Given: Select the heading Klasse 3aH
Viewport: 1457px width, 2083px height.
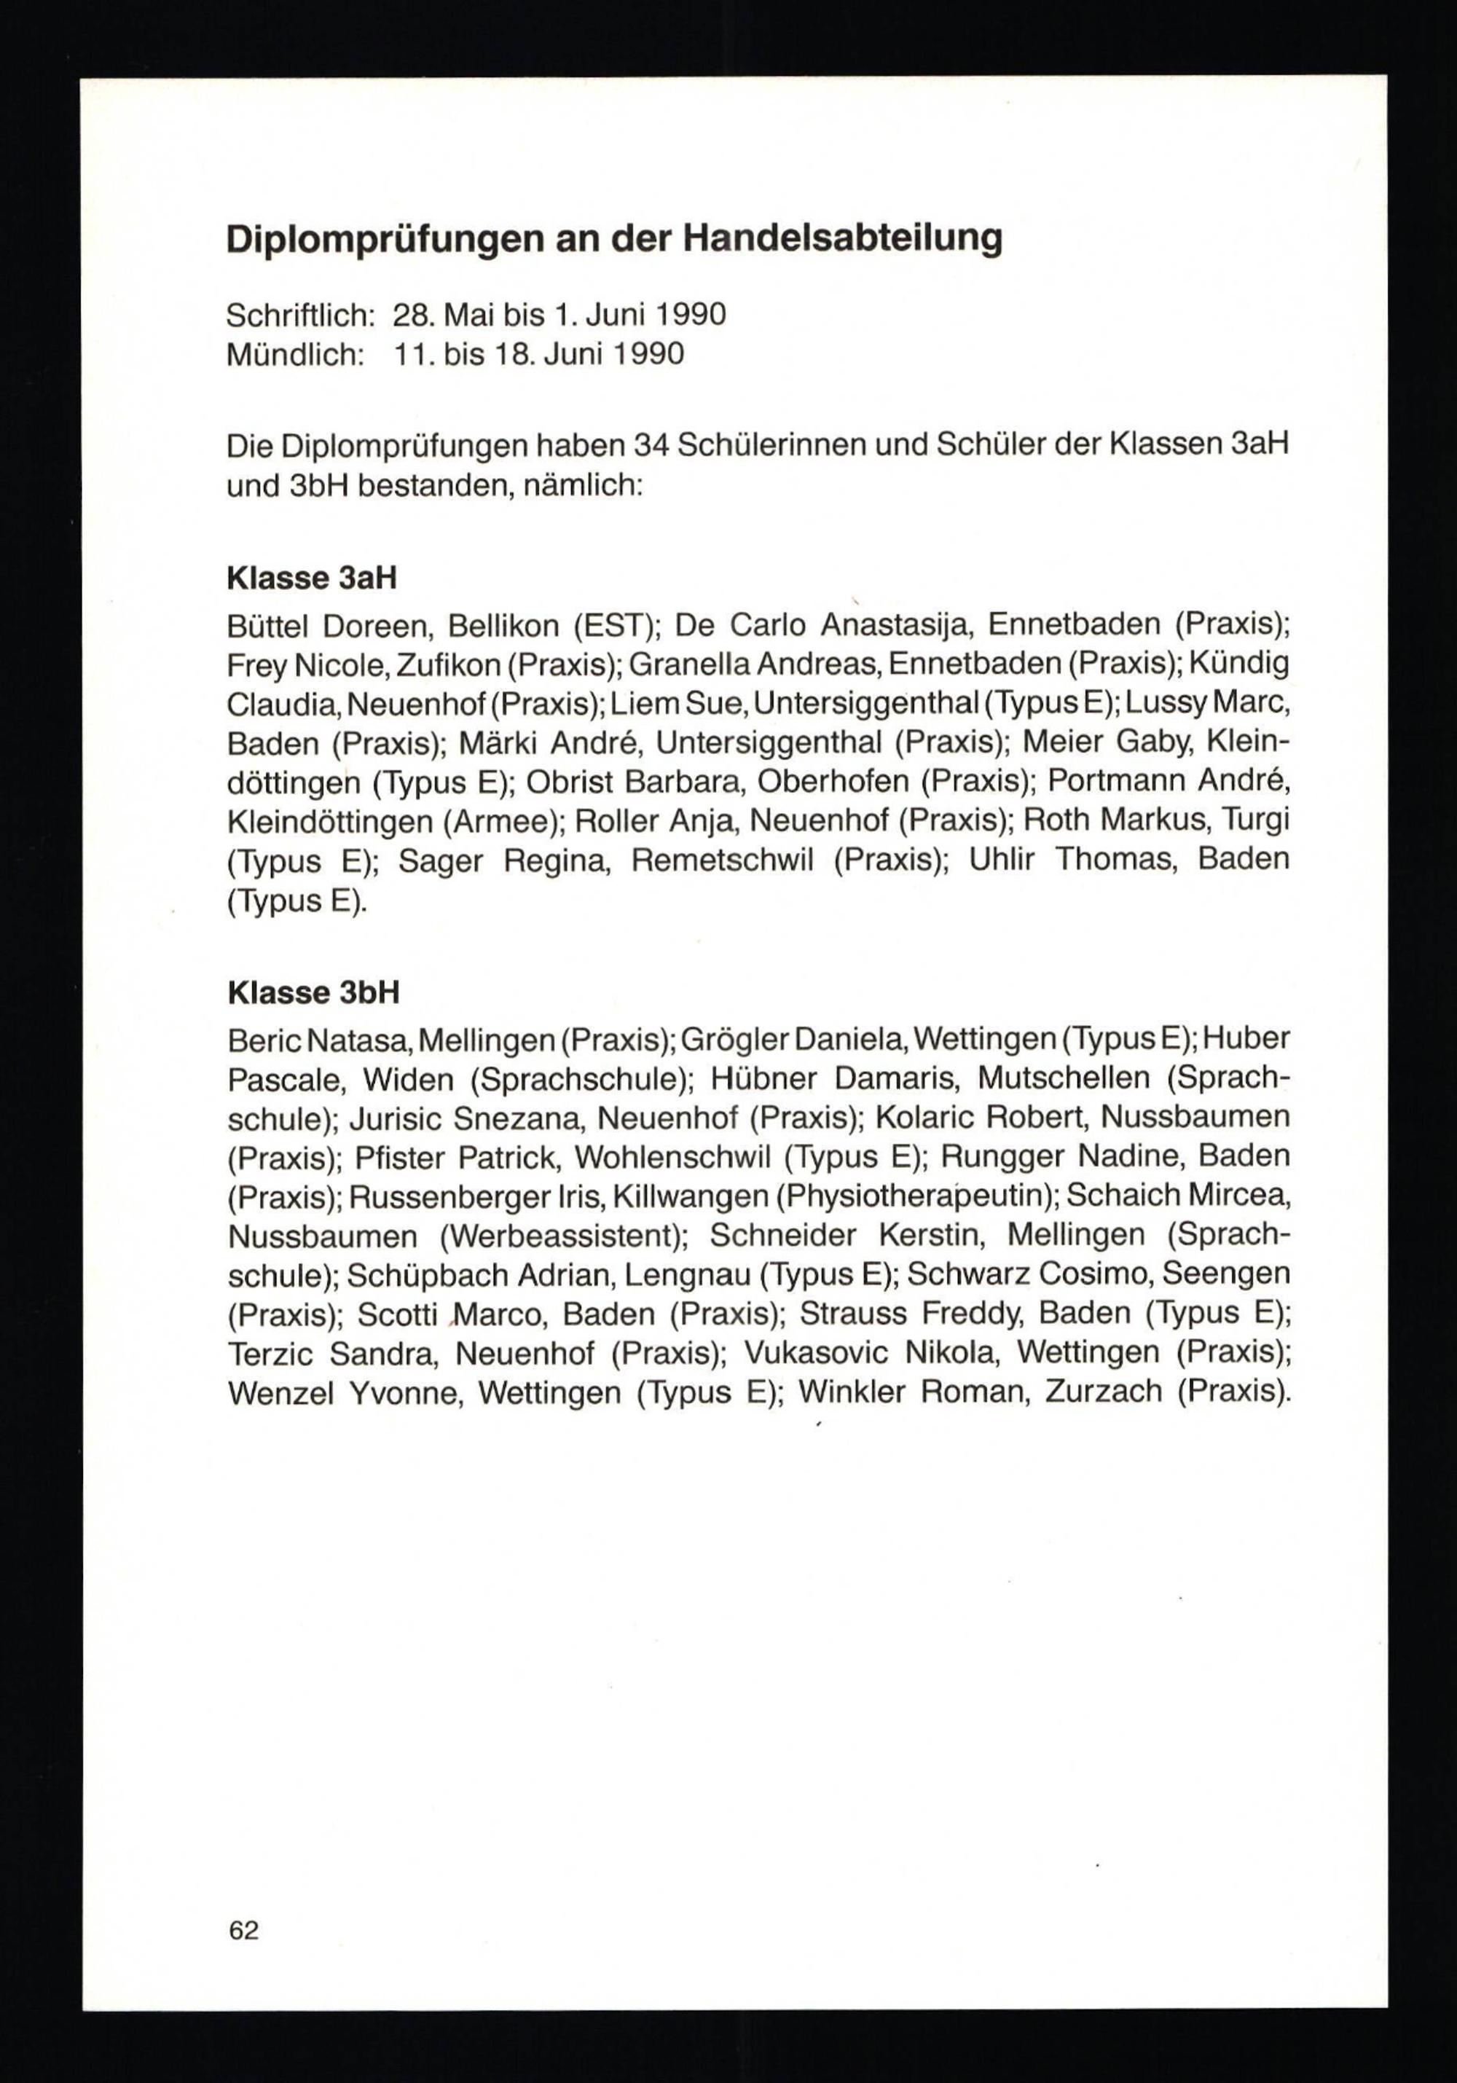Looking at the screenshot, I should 311,578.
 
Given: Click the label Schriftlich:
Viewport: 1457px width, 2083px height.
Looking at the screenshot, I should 301,315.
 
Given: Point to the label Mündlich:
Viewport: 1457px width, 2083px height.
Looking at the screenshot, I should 295,354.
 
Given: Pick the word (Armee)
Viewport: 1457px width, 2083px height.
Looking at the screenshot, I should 500,822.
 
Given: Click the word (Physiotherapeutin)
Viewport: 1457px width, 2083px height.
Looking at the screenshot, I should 916,1196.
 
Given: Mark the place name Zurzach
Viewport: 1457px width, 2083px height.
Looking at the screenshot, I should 1102,1392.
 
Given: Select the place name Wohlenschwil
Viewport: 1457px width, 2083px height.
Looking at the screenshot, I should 672,1158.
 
